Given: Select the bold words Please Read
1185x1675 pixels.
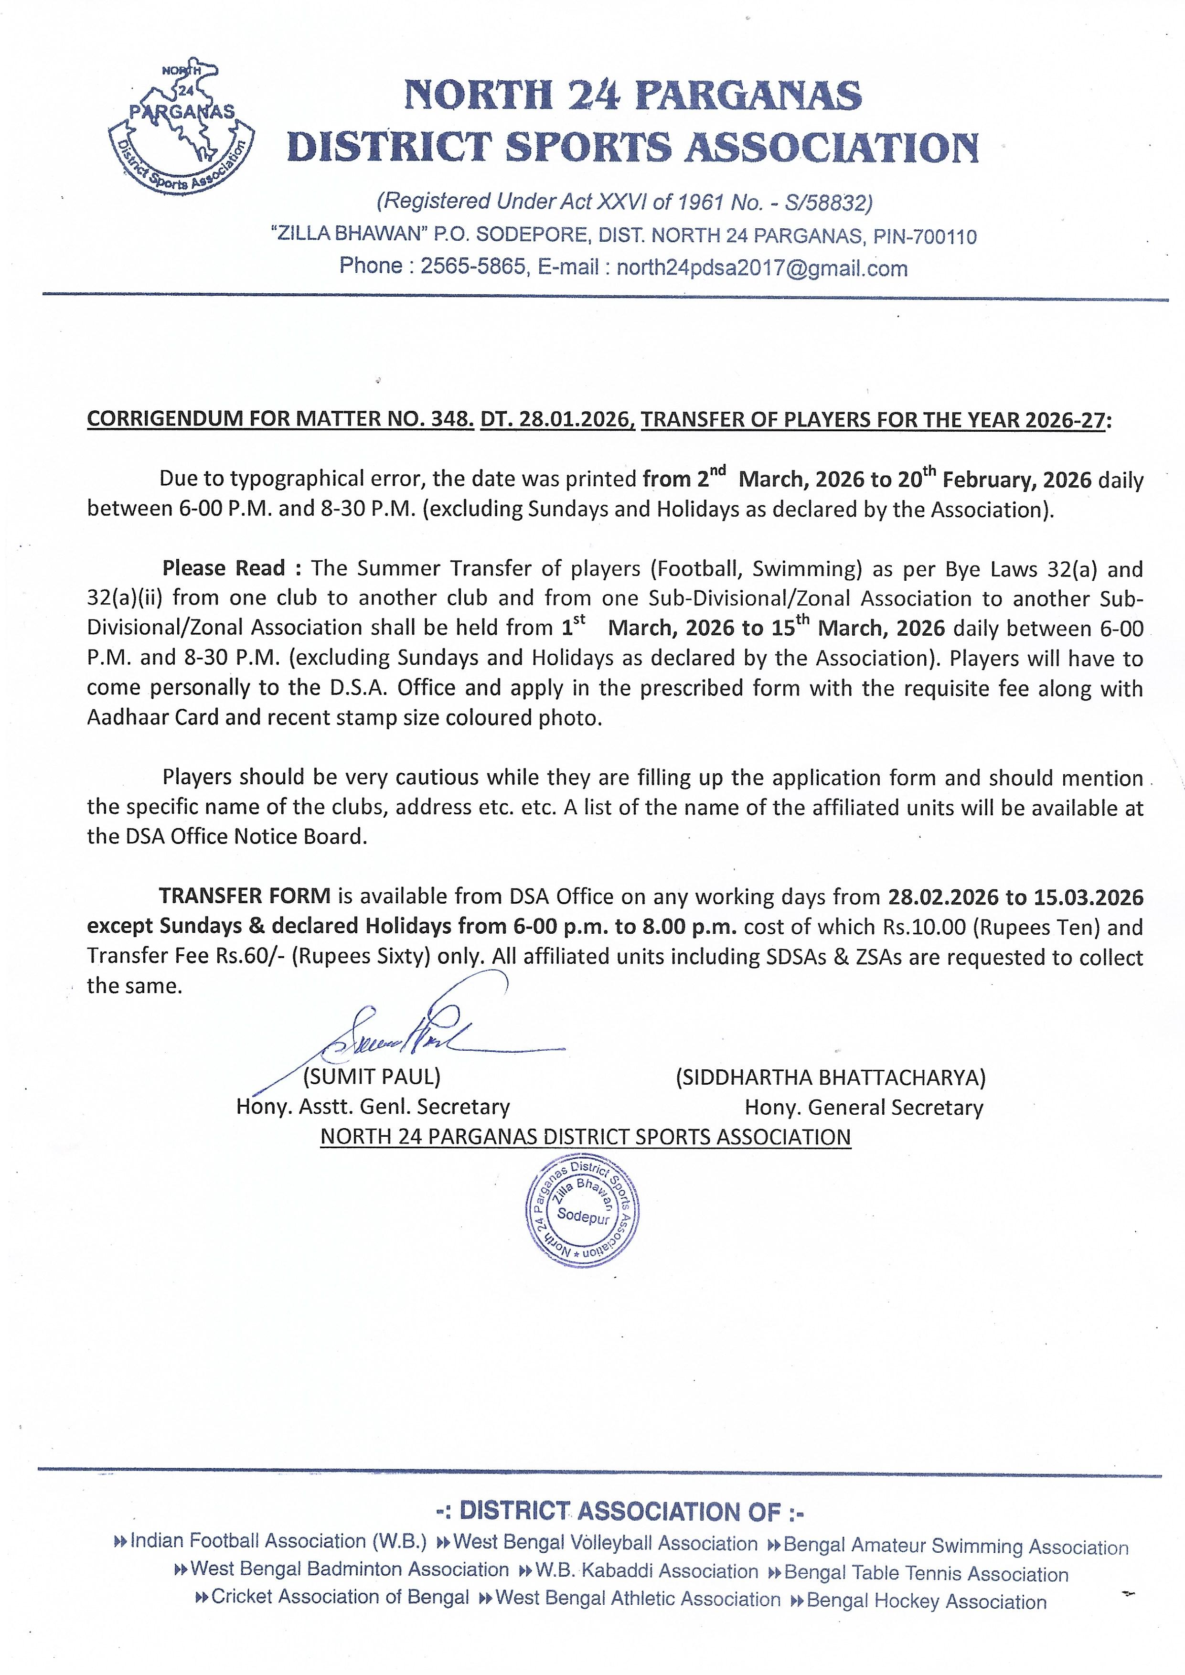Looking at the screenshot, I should (x=223, y=568).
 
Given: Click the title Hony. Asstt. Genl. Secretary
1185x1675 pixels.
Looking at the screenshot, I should (x=373, y=1108).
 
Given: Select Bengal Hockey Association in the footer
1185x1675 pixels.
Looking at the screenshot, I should (x=926, y=1602).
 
